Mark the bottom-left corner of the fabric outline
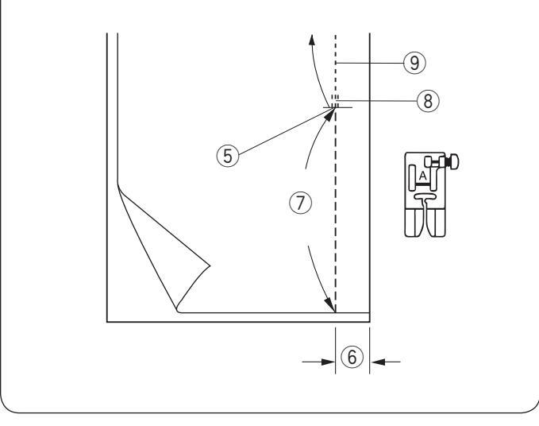click(x=108, y=321)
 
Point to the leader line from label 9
click(x=373, y=60)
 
